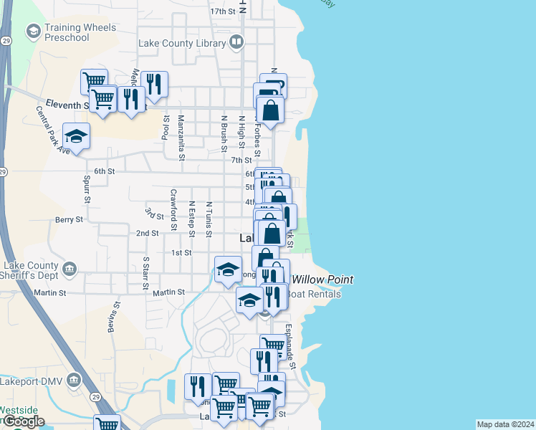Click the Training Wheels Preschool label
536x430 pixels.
pos(80,32)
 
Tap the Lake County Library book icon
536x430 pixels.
pos(236,44)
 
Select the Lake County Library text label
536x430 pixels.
pos(182,44)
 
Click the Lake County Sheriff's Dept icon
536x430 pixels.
pos(70,269)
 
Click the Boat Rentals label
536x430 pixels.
pos(313,294)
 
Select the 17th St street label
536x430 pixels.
pos(223,12)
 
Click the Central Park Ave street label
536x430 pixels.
pos(52,130)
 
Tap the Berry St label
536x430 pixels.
pos(70,220)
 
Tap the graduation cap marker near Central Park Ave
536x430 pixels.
pos(75,135)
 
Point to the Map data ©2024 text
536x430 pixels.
pos(504,424)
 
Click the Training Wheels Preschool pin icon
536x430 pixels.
pos(32,32)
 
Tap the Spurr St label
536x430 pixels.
pos(86,188)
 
